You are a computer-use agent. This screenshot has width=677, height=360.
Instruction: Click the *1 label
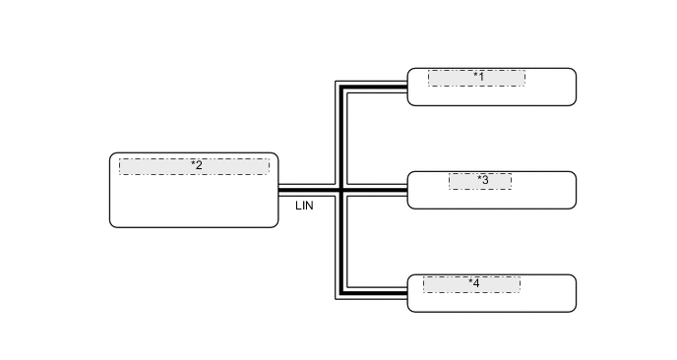pos(479,76)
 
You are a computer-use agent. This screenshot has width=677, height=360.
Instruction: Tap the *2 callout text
pos(197,165)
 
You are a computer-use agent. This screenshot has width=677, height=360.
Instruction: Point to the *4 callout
pos(474,283)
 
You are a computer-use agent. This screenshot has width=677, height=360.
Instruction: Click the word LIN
pos(304,207)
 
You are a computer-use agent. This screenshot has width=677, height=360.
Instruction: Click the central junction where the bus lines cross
pos(341,188)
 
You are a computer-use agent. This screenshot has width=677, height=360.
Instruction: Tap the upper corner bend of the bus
pos(341,87)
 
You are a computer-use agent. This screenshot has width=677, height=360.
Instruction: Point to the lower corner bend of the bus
pos(341,292)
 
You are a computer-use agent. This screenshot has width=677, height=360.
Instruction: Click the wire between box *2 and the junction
pos(309,188)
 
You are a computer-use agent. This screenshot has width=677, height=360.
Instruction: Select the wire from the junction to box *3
pos(375,188)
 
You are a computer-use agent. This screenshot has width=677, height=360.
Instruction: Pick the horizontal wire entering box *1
pos(375,87)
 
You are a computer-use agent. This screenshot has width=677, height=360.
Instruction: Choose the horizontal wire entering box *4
pos(375,292)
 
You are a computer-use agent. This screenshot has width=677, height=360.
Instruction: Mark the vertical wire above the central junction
pos(341,138)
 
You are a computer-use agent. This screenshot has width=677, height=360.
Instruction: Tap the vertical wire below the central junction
pos(341,241)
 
